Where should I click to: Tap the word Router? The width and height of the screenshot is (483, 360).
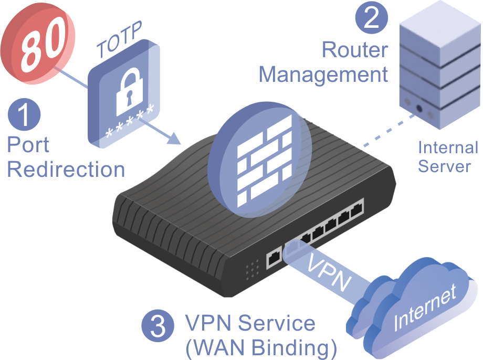click(354, 50)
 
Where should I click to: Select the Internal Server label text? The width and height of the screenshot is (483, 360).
click(448, 157)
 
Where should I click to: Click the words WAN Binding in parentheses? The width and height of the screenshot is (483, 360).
click(261, 348)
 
